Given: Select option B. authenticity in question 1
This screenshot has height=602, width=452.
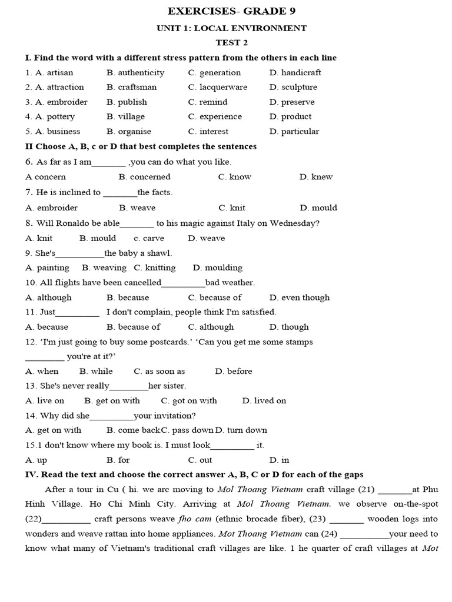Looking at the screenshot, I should pyautogui.click(x=135, y=73).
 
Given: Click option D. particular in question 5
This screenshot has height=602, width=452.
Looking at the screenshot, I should pyautogui.click(x=294, y=131).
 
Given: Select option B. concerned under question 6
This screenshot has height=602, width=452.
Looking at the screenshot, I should pyautogui.click(x=144, y=177).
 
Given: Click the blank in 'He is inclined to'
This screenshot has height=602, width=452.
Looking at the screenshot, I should pyautogui.click(x=120, y=193).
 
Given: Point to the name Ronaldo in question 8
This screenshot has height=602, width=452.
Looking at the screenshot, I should pyautogui.click(x=74, y=223).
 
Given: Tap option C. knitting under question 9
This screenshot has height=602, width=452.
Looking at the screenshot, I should pyautogui.click(x=155, y=267).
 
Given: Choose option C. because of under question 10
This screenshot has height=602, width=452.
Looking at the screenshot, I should pyautogui.click(x=215, y=297).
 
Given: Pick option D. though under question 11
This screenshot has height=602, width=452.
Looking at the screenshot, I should pyautogui.click(x=289, y=327).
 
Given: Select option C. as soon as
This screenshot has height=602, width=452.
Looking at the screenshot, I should pyautogui.click(x=159, y=371).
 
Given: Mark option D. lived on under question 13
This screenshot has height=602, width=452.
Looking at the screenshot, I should pyautogui.click(x=264, y=400).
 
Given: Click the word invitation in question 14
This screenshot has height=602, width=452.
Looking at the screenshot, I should pyautogui.click(x=174, y=416).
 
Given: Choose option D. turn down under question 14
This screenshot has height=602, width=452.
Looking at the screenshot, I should pyautogui.click(x=241, y=430).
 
